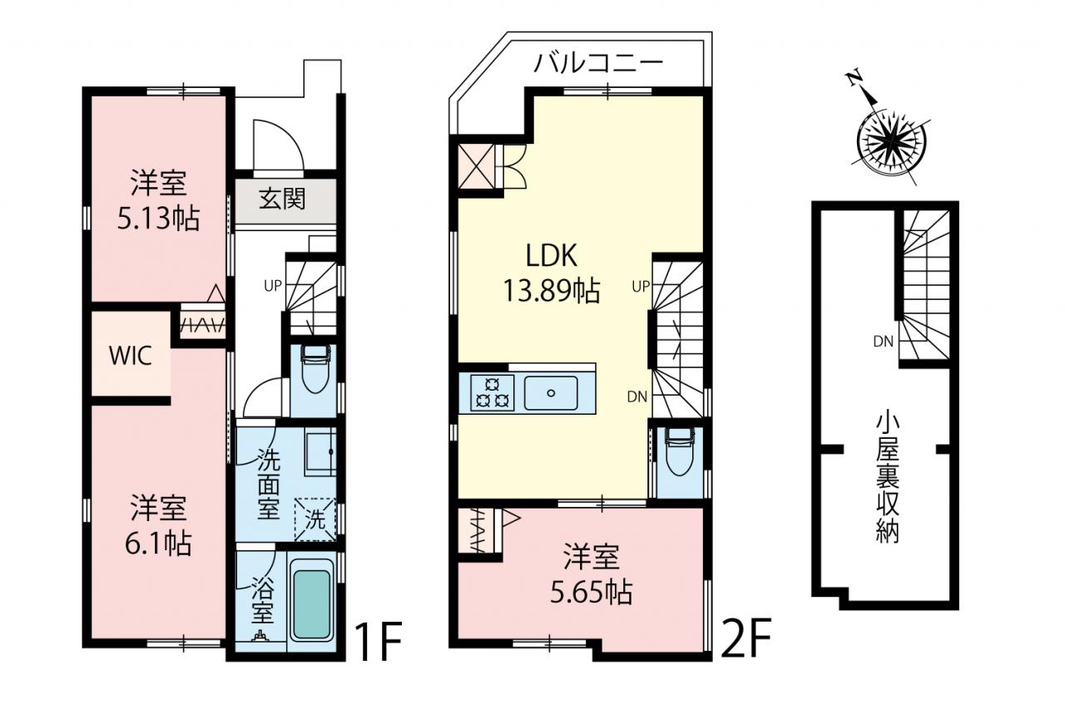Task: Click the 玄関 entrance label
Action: pos(282,199)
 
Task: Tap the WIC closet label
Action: pos(131,356)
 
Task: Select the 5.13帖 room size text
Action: pos(158,219)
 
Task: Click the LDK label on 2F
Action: pos(552,255)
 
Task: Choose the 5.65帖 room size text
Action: pos(592,592)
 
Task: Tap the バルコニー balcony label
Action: pos(598,64)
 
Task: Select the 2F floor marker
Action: pos(745,638)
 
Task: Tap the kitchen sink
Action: pos(551,392)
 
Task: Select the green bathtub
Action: pos(312,604)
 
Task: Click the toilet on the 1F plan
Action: pos(314,369)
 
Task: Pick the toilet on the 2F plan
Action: pos(680,451)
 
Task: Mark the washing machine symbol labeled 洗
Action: pos(315,519)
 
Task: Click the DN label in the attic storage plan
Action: pos(884,342)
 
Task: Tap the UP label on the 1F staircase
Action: pos(273,285)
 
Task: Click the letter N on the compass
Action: pos(854,91)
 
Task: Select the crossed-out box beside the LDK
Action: pos(477,167)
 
